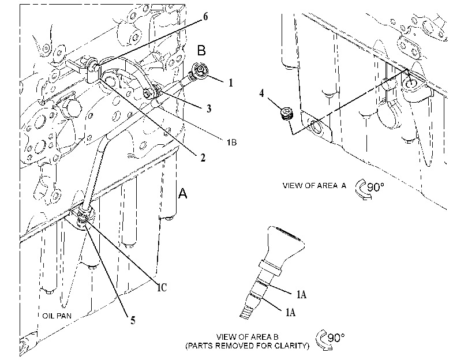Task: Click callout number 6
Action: coord(205,16)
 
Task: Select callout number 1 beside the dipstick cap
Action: coord(230,82)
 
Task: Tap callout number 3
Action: coord(209,108)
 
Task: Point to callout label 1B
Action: coord(231,142)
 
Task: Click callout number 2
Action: coord(203,158)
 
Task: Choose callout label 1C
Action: coord(162,287)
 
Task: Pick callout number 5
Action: coord(133,321)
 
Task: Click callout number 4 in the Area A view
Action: coord(261,93)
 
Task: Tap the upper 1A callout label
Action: coord(301,295)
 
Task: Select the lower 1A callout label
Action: coord(290,312)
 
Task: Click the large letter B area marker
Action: coord(201,50)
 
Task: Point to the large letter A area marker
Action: coord(182,193)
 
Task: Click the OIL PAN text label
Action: coord(57,316)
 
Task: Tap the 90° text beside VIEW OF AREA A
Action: coord(376,187)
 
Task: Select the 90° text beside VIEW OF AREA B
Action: coord(336,337)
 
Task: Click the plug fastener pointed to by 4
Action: coord(287,114)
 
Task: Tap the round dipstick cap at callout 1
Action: coord(200,70)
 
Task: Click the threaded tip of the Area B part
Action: coord(246,311)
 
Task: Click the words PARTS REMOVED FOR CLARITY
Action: coord(248,346)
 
